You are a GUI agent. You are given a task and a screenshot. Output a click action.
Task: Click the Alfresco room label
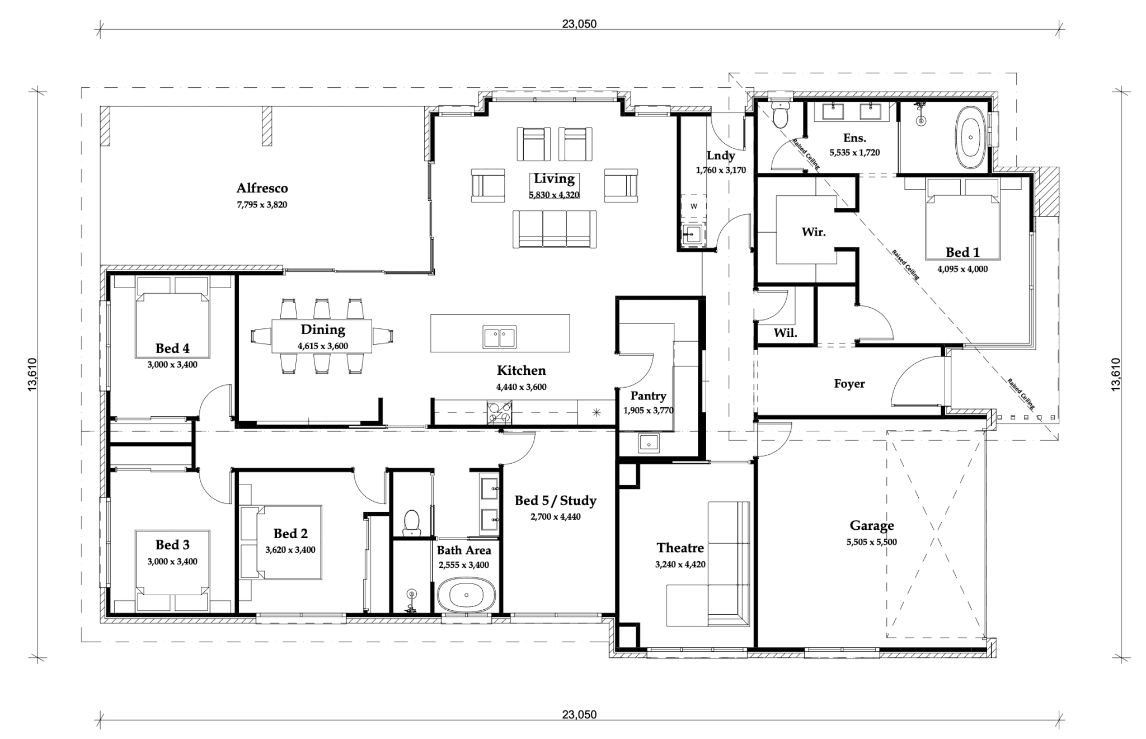[262, 188]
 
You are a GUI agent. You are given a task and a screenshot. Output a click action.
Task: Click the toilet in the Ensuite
[779, 114]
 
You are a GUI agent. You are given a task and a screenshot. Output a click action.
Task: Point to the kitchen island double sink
[500, 337]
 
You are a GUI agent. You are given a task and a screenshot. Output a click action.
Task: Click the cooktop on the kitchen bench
[499, 413]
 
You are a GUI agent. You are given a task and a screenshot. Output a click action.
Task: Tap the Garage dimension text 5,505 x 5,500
[872, 542]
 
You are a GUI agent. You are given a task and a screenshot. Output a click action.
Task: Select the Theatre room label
[680, 548]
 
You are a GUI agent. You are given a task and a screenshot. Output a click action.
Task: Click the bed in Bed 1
[962, 219]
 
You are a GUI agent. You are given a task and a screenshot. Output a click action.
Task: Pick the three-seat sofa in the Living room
[555, 229]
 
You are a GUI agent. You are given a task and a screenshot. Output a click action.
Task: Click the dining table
[322, 336]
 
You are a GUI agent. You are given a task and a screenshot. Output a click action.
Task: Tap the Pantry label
[648, 396]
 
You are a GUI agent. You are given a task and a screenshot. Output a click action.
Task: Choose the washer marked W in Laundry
[693, 206]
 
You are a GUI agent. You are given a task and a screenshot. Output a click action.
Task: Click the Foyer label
[849, 384]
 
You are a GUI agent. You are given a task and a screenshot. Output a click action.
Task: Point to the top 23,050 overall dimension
[579, 24]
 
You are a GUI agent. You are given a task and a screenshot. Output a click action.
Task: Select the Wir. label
[814, 232]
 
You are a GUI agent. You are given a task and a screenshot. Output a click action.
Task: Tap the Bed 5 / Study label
[555, 501]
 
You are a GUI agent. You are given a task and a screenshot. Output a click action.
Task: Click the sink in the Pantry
[649, 443]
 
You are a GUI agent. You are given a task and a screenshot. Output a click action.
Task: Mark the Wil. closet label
[785, 333]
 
